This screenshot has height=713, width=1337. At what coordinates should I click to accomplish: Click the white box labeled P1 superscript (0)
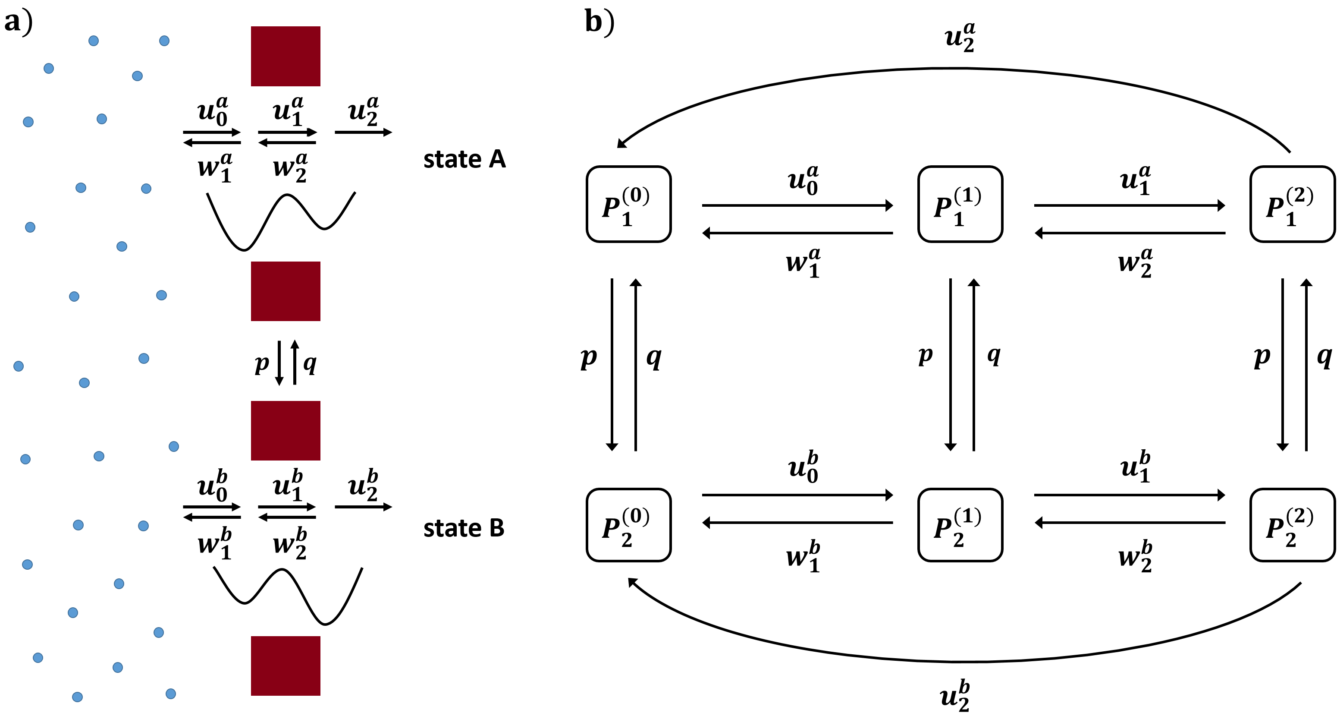pos(628,204)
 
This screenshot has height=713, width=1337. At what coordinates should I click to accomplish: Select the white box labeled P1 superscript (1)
pos(960,204)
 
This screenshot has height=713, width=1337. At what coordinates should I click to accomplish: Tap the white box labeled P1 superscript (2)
pos(1292,204)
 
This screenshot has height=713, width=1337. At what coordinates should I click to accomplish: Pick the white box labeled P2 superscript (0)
pos(628,524)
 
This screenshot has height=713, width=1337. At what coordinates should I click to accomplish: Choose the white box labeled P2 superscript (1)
pos(960,524)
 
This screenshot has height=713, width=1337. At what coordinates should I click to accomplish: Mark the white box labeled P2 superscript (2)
pos(1292,524)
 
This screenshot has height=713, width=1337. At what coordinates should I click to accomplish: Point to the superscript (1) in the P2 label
pos(967,516)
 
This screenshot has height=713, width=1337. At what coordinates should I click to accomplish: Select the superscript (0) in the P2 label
pos(636,516)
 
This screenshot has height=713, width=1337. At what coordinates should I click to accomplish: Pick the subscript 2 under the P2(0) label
pos(627,540)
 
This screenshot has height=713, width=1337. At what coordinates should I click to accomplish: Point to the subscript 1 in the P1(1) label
pos(959,220)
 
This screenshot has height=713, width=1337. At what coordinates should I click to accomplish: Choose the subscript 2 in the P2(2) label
pos(1290,540)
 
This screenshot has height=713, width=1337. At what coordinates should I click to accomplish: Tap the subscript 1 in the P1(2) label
pos(1291,220)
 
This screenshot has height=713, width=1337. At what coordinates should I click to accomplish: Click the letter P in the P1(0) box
pos(611,208)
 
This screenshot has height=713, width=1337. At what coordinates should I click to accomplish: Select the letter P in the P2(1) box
pos(942,528)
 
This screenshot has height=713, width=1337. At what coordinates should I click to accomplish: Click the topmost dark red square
pos(286,56)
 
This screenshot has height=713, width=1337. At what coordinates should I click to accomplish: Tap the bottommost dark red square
pos(286,666)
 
